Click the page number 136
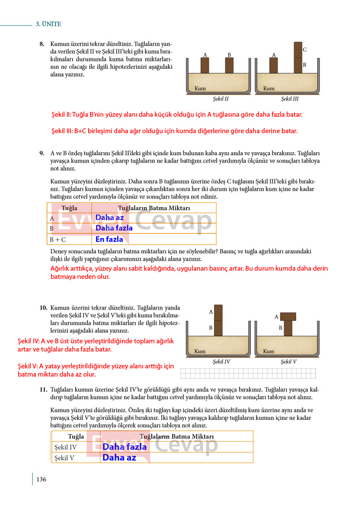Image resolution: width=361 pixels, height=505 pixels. tap(41, 479)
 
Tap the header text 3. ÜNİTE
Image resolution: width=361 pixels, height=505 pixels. tap(48, 24)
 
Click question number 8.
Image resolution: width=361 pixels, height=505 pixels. tap(42, 44)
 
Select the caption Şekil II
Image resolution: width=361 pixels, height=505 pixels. tap(220, 99)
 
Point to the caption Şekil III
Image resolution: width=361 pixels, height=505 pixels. tap(290, 99)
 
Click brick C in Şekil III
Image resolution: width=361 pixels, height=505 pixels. tap(298, 50)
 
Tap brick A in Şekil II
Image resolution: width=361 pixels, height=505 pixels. tap(205, 65)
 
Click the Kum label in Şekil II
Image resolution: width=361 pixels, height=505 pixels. tap(200, 88)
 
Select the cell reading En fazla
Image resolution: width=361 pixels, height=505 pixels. tap(109, 239)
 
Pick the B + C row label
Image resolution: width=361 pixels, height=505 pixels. tap(58, 240)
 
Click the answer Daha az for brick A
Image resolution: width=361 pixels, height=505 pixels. tap(109, 218)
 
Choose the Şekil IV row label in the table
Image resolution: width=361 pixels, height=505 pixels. tap(65, 447)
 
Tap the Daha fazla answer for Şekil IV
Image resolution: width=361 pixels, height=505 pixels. tap(125, 447)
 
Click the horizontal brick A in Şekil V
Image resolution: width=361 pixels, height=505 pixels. tap(288, 316)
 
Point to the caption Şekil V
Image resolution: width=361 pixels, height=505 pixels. tap(288, 362)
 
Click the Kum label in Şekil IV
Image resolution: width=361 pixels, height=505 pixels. tap(200, 352)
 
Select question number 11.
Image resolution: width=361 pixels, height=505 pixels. tap(44, 390)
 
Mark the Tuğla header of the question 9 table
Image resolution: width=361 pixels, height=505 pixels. tap(69, 208)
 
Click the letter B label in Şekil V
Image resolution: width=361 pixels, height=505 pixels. tap(281, 328)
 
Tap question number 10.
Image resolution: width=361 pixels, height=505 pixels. tap(44, 308)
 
